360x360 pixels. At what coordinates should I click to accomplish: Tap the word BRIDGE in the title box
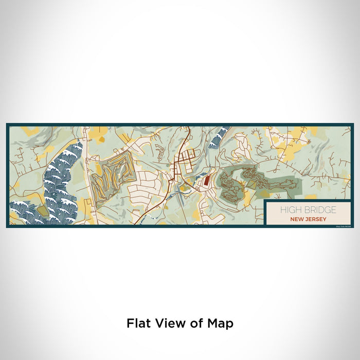tap(320, 210)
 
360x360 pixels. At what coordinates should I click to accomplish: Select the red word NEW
tap(297, 219)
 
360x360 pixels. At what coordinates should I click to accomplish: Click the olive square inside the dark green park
tap(252, 184)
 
